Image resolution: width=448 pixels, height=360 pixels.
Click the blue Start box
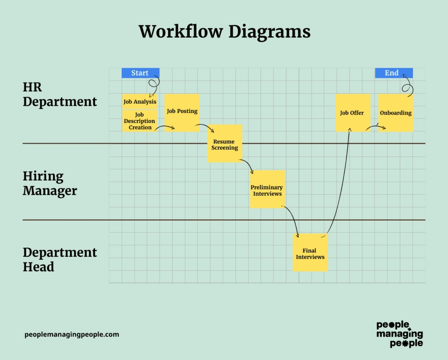pyautogui.click(x=140, y=73)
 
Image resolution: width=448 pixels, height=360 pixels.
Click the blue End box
pyautogui.click(x=393, y=73)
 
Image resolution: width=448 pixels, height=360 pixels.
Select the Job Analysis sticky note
pyautogui.click(x=140, y=102)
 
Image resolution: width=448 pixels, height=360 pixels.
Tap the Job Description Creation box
pyautogui.click(x=139, y=121)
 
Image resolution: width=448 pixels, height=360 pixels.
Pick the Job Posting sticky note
pyautogui.click(x=182, y=112)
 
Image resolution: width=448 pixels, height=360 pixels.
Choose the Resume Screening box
pyautogui.click(x=224, y=144)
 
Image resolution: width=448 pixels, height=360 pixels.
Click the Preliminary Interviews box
pyautogui.click(x=267, y=190)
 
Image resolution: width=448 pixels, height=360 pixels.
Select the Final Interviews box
pyautogui.click(x=310, y=254)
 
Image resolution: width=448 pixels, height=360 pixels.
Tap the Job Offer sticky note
pyautogui.click(x=352, y=113)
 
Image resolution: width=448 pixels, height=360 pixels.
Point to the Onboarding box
pyautogui.click(x=395, y=113)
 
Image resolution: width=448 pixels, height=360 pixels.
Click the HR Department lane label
pyautogui.click(x=59, y=94)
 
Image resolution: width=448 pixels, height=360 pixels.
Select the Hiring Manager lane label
pyautogui.click(x=50, y=183)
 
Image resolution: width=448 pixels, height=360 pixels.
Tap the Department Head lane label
pyautogui.click(x=59, y=259)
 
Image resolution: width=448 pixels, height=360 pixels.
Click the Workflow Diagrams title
pyautogui.click(x=224, y=32)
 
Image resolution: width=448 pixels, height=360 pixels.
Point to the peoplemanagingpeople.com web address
pyautogui.click(x=72, y=335)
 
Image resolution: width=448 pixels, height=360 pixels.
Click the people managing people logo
pyautogui.click(x=399, y=334)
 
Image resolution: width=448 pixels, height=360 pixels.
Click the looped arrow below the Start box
pyautogui.click(x=154, y=86)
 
